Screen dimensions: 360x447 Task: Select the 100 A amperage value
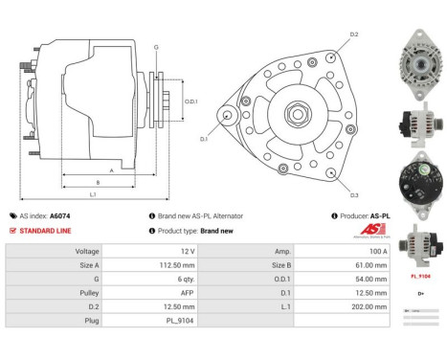coord(364,251)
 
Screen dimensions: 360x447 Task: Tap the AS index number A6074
coord(59,216)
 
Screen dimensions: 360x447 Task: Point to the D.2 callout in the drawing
coord(353,35)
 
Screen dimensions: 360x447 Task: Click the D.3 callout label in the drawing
coord(353,195)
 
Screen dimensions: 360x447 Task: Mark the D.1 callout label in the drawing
coord(203,140)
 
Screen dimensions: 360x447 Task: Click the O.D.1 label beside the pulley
coord(190,101)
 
